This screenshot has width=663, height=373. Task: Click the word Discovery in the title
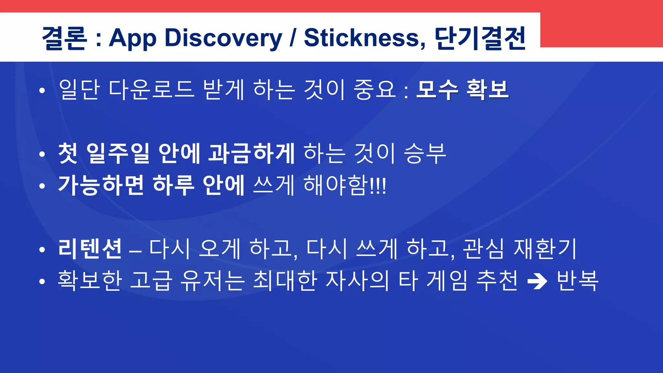(x=223, y=38)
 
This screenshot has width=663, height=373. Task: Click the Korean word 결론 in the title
(x=64, y=38)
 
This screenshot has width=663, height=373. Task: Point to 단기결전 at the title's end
(x=480, y=38)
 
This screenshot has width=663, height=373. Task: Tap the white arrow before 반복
(x=537, y=281)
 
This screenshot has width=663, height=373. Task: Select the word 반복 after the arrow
(x=578, y=280)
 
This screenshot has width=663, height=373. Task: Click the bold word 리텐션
(x=90, y=249)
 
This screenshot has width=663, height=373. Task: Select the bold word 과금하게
(x=251, y=153)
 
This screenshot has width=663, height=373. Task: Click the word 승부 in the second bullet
(x=425, y=153)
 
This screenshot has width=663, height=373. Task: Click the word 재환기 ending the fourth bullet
(x=545, y=249)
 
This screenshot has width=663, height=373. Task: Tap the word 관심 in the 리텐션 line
(x=483, y=249)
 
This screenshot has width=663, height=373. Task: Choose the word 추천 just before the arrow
(x=497, y=280)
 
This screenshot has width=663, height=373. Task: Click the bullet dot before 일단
(x=42, y=91)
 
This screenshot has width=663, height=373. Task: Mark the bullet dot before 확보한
(x=42, y=282)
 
